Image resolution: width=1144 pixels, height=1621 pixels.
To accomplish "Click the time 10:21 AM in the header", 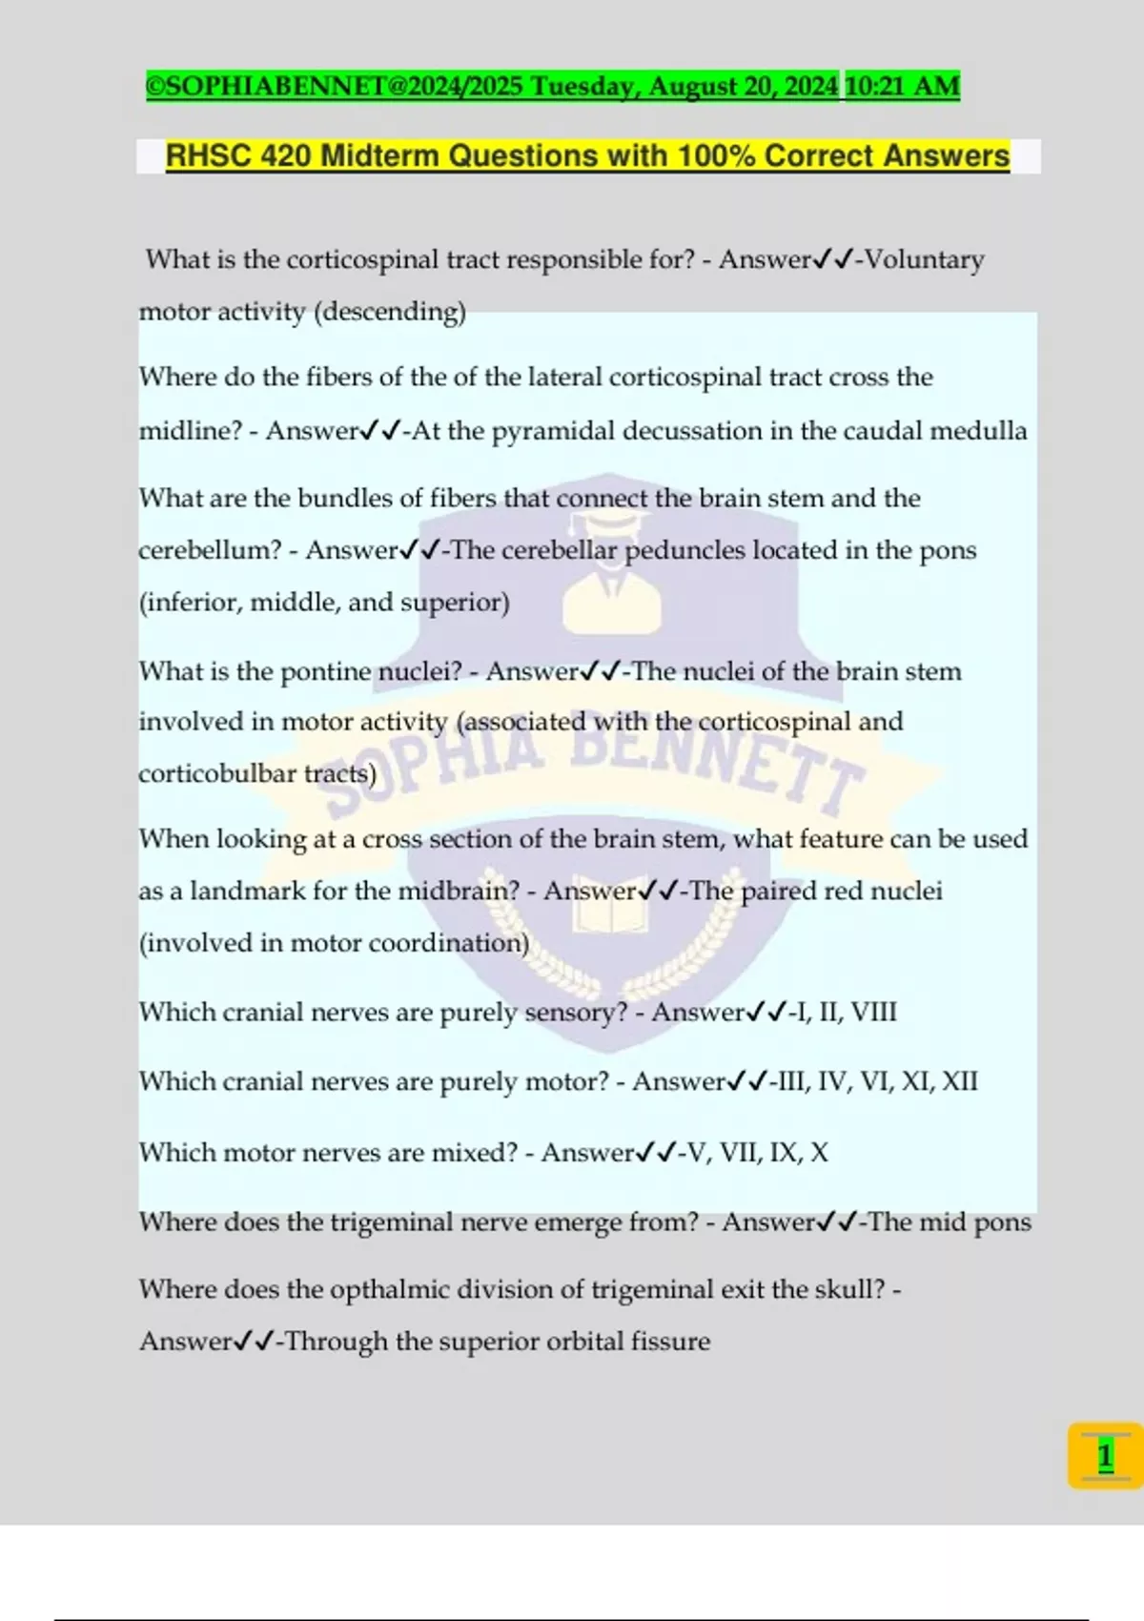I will (x=902, y=86).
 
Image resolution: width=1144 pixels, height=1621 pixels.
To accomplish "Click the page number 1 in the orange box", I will (x=1105, y=1456).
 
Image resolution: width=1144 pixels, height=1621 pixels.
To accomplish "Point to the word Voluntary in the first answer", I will (x=924, y=259).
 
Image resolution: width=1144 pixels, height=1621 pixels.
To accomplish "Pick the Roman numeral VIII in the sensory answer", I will (x=873, y=1012).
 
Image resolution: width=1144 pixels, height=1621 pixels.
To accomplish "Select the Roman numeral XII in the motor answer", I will (x=959, y=1081).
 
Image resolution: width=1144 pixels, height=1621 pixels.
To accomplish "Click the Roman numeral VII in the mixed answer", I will (x=739, y=1152).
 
